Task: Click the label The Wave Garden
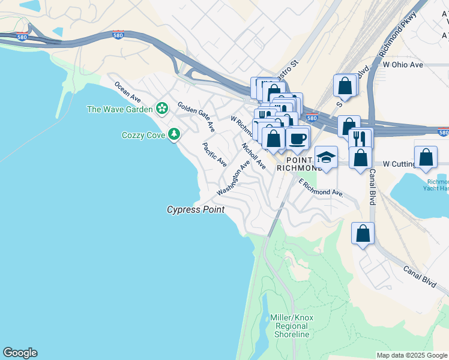(119, 109)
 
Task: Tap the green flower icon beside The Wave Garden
(161, 109)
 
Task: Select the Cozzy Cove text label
(144, 135)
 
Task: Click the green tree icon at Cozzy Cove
(174, 134)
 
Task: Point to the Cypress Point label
(196, 209)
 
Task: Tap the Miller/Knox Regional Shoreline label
(292, 326)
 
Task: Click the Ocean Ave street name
(128, 91)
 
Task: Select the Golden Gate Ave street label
(196, 116)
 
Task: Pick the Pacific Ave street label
(214, 154)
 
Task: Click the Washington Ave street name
(234, 178)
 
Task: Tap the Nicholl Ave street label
(253, 155)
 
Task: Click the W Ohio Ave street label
(403, 64)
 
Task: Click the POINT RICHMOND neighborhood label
(300, 164)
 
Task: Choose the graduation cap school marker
(326, 157)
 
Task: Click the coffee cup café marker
(297, 139)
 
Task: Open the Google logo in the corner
(20, 353)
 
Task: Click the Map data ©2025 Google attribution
(412, 355)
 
